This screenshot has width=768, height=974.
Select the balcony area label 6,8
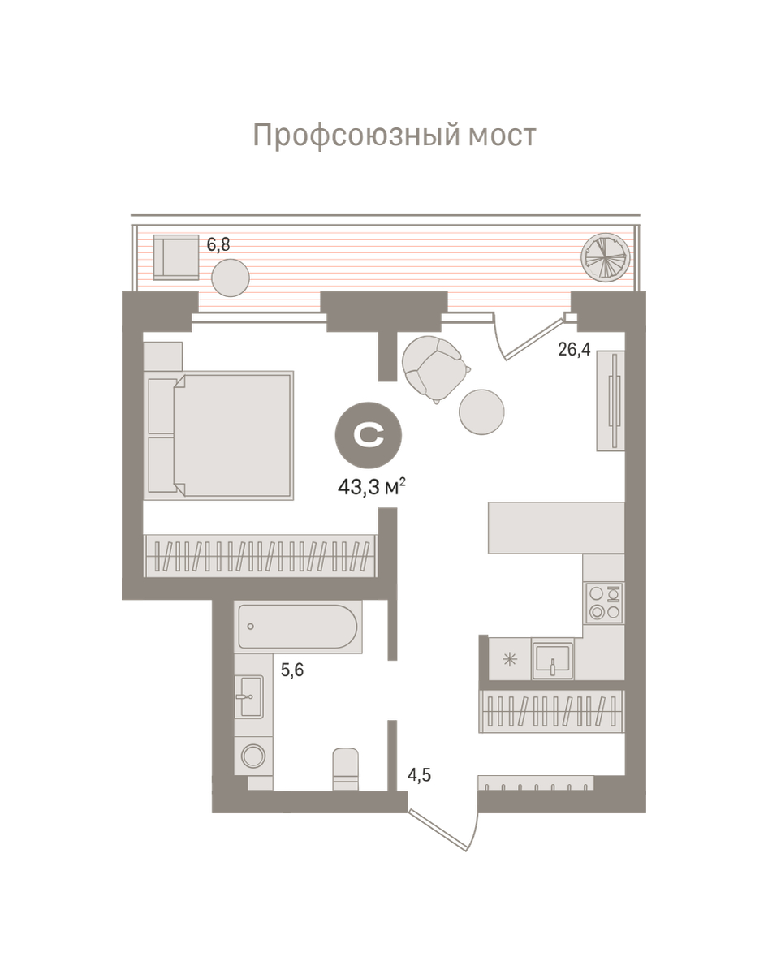coord(218,245)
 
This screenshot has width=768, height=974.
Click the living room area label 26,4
coord(574,350)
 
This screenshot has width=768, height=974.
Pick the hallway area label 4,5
coord(419,775)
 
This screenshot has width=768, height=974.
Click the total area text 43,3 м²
coord(371,488)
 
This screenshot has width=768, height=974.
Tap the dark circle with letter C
coord(369,436)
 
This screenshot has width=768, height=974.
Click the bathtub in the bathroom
coord(299,626)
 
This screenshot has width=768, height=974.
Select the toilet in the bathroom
coord(346,769)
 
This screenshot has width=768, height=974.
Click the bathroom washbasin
coord(249,696)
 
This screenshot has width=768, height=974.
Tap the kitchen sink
coord(553,657)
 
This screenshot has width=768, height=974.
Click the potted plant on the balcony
coord(606,256)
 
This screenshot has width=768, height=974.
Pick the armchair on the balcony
coord(175,256)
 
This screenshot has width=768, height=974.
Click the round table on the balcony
coord(231,278)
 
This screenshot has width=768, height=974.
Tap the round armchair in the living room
coord(434,368)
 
